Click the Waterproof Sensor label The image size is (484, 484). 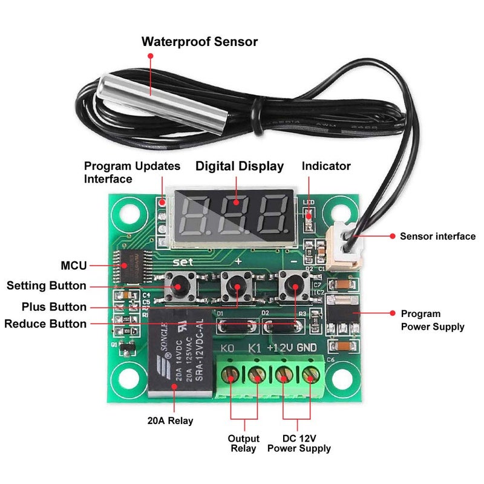pos(199,42)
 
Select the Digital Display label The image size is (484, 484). pos(239,166)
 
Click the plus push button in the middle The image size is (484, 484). pos(237,284)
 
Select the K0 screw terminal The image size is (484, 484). pos(232,376)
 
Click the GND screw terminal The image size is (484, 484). pos(311,376)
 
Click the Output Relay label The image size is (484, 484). pos(243,443)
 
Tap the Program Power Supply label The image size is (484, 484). pos(433,320)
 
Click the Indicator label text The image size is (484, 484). pos(326,166)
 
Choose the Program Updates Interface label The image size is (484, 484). pos(132,172)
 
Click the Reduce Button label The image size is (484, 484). pos(45,324)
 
